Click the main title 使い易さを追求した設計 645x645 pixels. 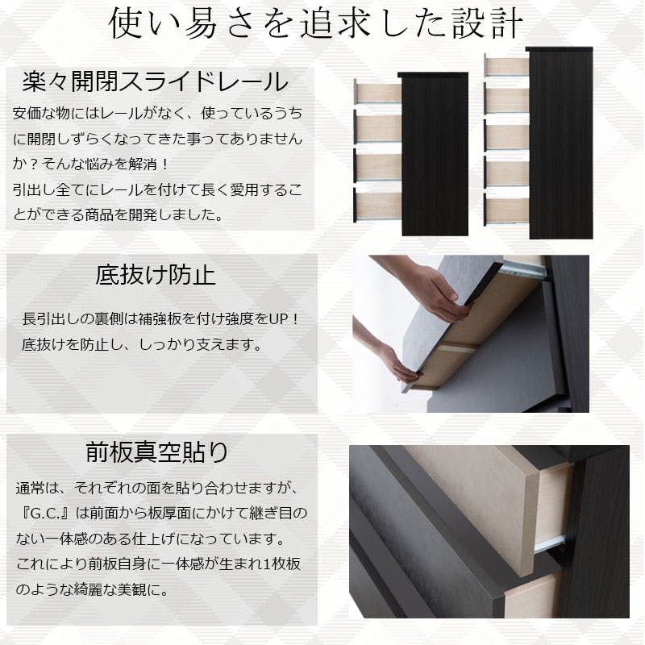click(316, 23)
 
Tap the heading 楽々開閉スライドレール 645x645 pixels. click(155, 81)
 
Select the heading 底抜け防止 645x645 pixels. click(156, 275)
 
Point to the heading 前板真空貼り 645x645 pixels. click(156, 451)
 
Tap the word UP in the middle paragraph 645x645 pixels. click(279, 319)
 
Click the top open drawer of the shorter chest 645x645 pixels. click(377, 92)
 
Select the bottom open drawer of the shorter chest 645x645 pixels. click(377, 206)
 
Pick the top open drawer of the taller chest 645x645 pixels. click(506, 66)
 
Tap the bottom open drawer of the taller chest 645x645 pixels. click(506, 210)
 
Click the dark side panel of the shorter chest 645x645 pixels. click(435, 155)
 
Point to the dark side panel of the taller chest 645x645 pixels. click(560, 144)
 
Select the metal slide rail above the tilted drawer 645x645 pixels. click(523, 268)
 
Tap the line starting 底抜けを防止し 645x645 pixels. click(142, 345)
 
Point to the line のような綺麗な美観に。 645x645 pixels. click(92, 590)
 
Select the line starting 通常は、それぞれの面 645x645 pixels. click(156, 489)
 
